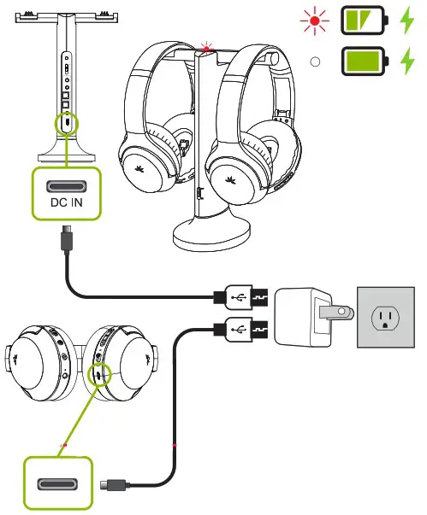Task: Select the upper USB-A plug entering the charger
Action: pos(245,298)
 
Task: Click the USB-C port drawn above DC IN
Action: pos(68,185)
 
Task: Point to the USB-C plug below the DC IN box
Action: pos(67,237)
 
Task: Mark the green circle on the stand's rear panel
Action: pos(67,123)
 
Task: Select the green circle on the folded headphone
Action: pos(102,373)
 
